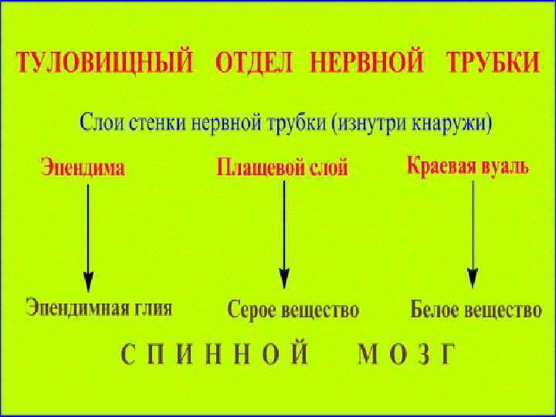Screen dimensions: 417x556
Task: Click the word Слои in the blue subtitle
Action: (x=103, y=122)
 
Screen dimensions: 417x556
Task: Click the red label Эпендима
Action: (x=82, y=167)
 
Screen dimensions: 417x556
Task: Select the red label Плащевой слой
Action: (x=283, y=167)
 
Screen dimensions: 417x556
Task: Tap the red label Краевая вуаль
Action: (x=467, y=166)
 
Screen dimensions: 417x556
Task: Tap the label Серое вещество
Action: (x=293, y=310)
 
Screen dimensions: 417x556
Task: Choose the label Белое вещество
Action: (x=476, y=310)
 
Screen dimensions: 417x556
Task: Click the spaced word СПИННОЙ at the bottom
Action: (x=215, y=355)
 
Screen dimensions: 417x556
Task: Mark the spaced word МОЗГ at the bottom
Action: (x=407, y=355)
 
